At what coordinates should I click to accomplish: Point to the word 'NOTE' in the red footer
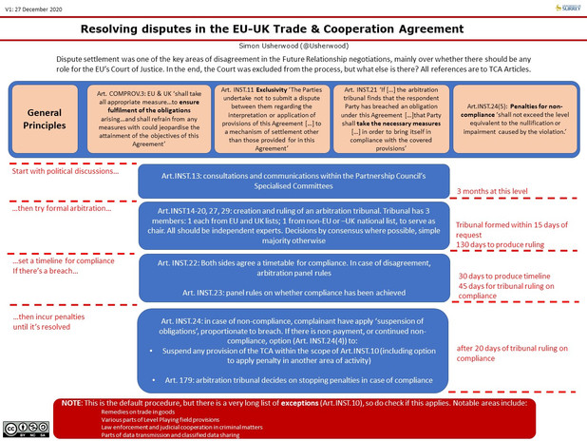tap(72, 403)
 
